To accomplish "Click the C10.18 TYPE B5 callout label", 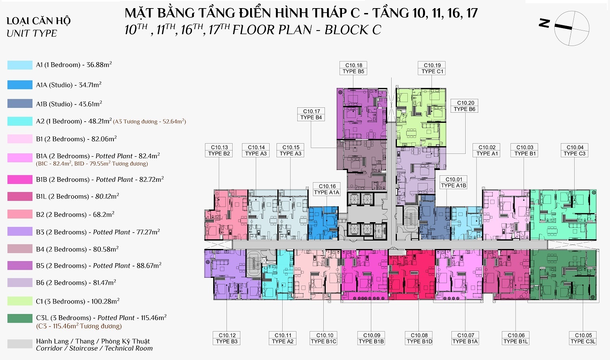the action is tap(353, 68).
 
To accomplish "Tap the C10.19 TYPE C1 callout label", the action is tap(431, 68).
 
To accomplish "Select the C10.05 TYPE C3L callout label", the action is tap(583, 338).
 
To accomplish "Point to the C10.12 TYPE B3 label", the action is tap(227, 338).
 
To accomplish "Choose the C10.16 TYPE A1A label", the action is tap(327, 189).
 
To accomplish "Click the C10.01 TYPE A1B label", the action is tap(453, 183).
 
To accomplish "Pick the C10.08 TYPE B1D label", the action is tap(419, 338).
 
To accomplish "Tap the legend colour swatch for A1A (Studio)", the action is tap(20, 85).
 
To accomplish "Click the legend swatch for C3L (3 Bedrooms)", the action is tap(20, 319).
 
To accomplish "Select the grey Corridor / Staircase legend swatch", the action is tap(20, 344).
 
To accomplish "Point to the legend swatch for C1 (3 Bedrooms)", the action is tap(20, 301).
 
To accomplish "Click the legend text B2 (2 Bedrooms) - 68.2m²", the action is tap(75, 214).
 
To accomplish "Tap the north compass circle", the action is tap(572, 28).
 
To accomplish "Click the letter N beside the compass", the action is tap(544, 23).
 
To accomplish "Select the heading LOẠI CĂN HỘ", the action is tap(39, 21).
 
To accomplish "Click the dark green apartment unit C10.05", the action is tap(563, 275).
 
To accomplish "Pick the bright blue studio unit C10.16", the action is tap(323, 223).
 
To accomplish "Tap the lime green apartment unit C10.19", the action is tap(421, 118).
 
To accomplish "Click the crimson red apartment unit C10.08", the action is tap(412, 275).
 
